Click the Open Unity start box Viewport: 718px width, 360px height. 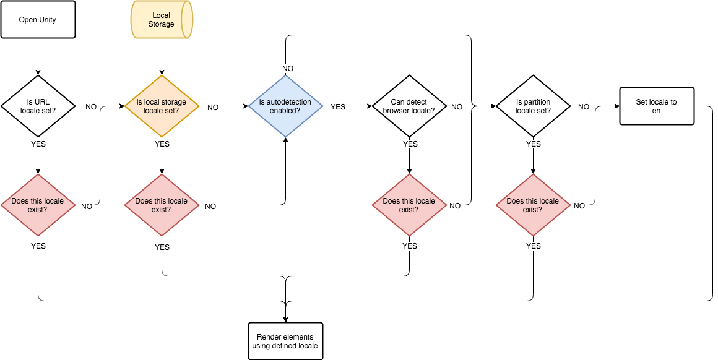[38, 20]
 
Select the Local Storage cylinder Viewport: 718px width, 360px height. [162, 20]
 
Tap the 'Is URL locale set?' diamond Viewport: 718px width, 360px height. [38, 106]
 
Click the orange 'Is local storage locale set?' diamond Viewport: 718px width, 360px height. [162, 106]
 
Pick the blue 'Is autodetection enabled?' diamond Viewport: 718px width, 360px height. [285, 106]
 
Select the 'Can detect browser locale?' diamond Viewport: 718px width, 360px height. [409, 106]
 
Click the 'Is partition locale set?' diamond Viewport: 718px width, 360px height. [533, 106]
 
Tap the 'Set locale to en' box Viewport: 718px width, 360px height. [657, 106]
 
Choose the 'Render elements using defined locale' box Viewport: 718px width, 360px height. [285, 341]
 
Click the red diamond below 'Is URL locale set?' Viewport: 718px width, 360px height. [38, 205]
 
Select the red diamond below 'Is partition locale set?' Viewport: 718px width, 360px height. [533, 205]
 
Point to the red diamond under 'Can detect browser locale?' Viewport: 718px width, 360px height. [409, 205]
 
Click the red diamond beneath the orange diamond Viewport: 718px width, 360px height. [162, 205]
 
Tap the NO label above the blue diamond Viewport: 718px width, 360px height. [288, 68]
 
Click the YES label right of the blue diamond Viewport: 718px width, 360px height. [338, 107]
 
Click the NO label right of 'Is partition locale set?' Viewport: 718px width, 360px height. [583, 107]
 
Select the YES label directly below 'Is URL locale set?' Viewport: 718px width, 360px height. [38, 144]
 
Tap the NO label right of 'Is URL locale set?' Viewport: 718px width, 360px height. [90, 107]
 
